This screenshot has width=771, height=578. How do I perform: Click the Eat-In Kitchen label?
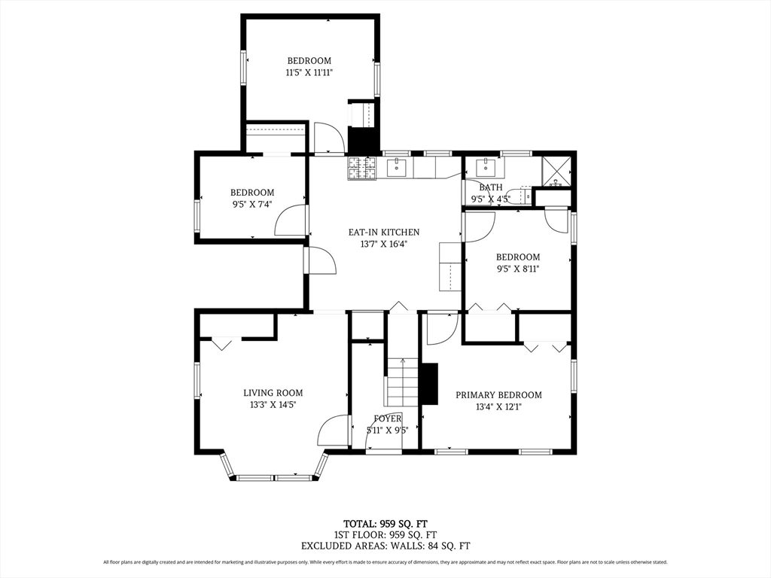tap(384, 232)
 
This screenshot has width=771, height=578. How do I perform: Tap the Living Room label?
tap(273, 393)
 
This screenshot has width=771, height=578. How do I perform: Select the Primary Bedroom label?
tap(498, 394)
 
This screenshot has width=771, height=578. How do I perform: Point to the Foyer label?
tap(388, 418)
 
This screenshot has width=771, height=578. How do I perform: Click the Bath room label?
tap(491, 187)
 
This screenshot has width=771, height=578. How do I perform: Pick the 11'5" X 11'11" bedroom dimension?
tap(309, 73)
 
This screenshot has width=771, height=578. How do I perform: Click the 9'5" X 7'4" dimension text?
tap(252, 205)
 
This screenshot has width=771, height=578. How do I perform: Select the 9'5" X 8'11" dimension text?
tap(518, 269)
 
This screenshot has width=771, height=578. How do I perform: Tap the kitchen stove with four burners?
tap(362, 168)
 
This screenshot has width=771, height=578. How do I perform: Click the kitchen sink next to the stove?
tap(396, 168)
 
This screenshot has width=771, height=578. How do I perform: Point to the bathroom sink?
tap(486, 167)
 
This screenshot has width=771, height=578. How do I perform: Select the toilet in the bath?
tap(521, 196)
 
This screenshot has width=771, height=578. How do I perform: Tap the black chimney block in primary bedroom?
tap(430, 384)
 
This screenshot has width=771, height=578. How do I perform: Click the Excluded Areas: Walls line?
tap(385, 546)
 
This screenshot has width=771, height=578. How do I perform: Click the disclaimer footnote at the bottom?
tap(385, 561)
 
